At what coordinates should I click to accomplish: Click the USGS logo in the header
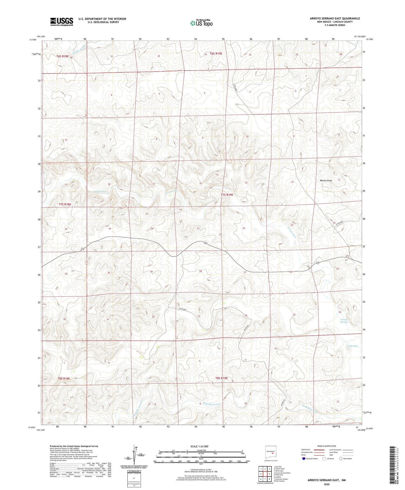[62, 22]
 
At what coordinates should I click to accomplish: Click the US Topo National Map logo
[201, 23]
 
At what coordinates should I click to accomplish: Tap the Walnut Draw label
[326, 181]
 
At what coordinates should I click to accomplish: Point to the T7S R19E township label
[227, 195]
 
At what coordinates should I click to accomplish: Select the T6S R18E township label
[63, 56]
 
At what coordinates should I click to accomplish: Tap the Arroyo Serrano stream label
[344, 321]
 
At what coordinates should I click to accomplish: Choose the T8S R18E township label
[64, 378]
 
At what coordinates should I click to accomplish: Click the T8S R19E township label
[221, 378]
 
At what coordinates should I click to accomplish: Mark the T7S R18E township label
[65, 204]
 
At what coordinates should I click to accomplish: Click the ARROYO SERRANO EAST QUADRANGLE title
[335, 18]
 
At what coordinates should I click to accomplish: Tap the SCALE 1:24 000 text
[200, 446]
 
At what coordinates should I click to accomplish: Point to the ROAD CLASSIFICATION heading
[327, 446]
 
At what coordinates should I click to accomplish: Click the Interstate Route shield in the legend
[304, 459]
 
